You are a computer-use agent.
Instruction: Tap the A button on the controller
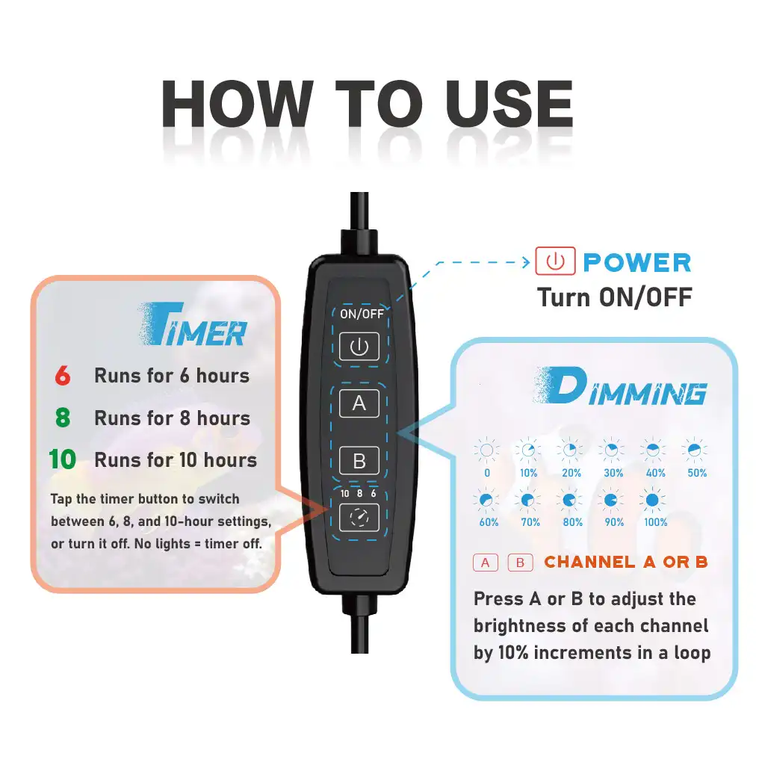click(359, 403)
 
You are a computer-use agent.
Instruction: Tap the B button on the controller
click(359, 460)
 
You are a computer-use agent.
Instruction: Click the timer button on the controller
click(359, 517)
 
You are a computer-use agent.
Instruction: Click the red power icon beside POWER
click(555, 261)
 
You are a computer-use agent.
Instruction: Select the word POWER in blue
click(637, 262)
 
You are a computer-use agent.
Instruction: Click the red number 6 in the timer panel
click(63, 376)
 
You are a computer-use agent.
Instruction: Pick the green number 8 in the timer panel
click(63, 418)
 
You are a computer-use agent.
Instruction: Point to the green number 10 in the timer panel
click(63, 459)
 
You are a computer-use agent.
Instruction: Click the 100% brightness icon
click(652, 500)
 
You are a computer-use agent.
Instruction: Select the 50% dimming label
click(697, 473)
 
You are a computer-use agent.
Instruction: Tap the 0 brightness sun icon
click(486, 450)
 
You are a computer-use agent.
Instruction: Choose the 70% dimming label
click(530, 522)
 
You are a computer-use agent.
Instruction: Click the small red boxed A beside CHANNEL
click(486, 563)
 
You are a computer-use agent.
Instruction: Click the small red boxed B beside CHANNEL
click(520, 563)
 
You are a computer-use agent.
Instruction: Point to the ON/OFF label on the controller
click(362, 314)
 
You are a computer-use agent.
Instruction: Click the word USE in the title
click(509, 105)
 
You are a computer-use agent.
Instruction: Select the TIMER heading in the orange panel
click(192, 324)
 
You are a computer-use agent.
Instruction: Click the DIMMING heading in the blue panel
click(621, 386)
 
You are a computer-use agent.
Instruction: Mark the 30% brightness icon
click(611, 450)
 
